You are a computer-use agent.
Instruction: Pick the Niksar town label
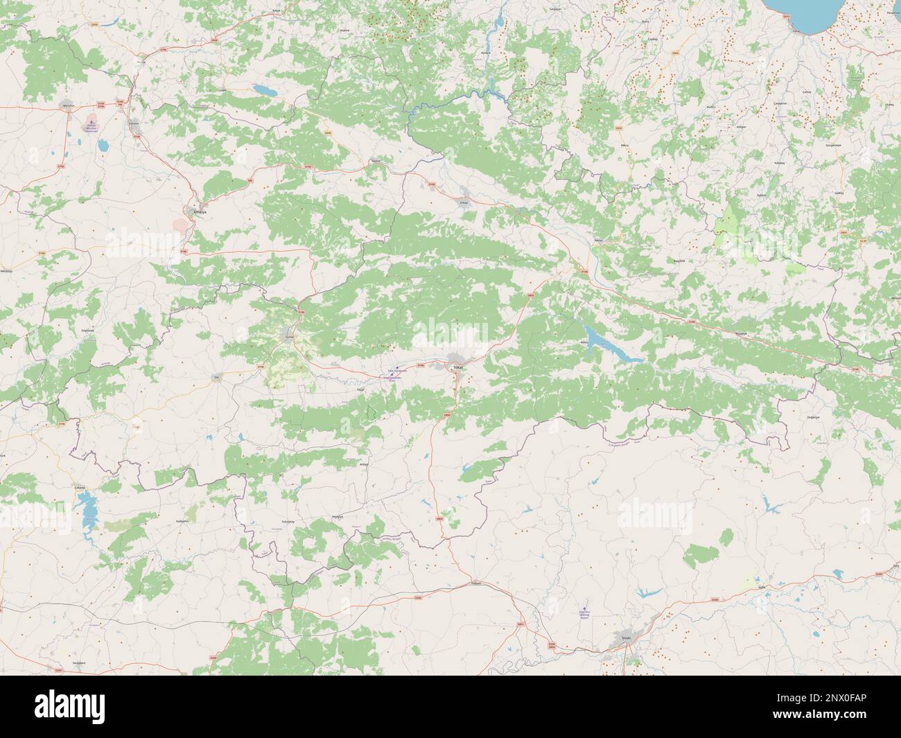[598, 240]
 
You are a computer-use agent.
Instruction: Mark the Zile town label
[216, 378]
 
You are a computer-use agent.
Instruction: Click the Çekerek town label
[81, 486]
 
